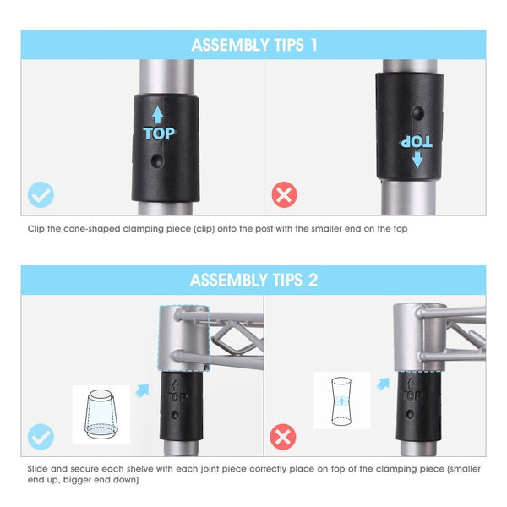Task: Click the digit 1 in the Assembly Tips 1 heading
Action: tap(313, 45)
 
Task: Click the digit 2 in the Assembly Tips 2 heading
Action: tap(313, 280)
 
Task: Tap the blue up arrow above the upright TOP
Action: tap(158, 114)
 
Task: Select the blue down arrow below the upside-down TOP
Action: tap(417, 160)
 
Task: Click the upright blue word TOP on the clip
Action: tap(159, 134)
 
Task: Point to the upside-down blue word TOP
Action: tap(417, 142)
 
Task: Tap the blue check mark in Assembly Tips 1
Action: tap(41, 194)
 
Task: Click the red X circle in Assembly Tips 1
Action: tap(284, 194)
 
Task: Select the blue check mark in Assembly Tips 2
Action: tap(41, 437)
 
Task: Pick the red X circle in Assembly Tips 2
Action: tap(283, 437)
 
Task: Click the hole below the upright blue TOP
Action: tap(157, 161)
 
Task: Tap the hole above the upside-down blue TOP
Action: tap(418, 113)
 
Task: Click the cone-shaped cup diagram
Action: tap(101, 414)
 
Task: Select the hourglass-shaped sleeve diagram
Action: tap(341, 401)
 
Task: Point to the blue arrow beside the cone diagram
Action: tap(142, 390)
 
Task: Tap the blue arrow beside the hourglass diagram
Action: tap(383, 384)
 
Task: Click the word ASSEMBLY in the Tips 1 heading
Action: tap(230, 45)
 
